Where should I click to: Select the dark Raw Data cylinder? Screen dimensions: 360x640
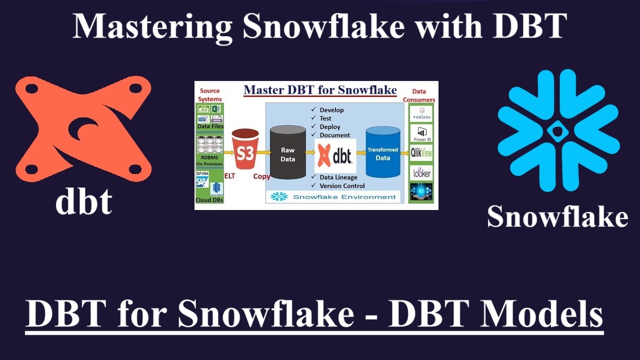pyautogui.click(x=287, y=152)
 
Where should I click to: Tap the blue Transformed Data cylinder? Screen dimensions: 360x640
pyautogui.click(x=382, y=152)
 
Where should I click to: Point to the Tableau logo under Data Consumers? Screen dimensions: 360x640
pyautogui.click(x=421, y=114)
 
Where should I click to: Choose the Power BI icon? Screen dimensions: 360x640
pyautogui.click(x=421, y=133)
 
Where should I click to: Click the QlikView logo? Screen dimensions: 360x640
pyautogui.click(x=421, y=153)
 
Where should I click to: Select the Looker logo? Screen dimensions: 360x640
pyautogui.click(x=421, y=172)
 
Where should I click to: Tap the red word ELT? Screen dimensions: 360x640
pyautogui.click(x=229, y=176)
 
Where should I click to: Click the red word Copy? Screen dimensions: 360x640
pyautogui.click(x=261, y=176)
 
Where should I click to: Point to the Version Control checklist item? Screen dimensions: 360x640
pyautogui.click(x=342, y=186)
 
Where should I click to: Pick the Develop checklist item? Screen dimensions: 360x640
pyautogui.click(x=331, y=110)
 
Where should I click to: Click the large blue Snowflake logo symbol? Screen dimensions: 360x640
pyautogui.click(x=558, y=131)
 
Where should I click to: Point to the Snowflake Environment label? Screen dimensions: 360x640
pyautogui.click(x=344, y=197)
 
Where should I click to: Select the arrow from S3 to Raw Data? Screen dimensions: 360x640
pyautogui.click(x=263, y=152)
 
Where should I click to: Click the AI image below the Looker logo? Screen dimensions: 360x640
pyautogui.click(x=421, y=192)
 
